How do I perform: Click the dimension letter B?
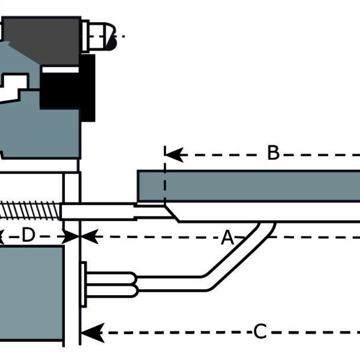point(273,153)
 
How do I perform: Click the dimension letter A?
point(227,238)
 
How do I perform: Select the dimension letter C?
point(260,331)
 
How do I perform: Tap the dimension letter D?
point(28,236)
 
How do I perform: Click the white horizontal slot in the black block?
point(60,70)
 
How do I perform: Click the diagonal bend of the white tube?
point(240,252)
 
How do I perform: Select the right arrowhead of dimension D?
point(73,236)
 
